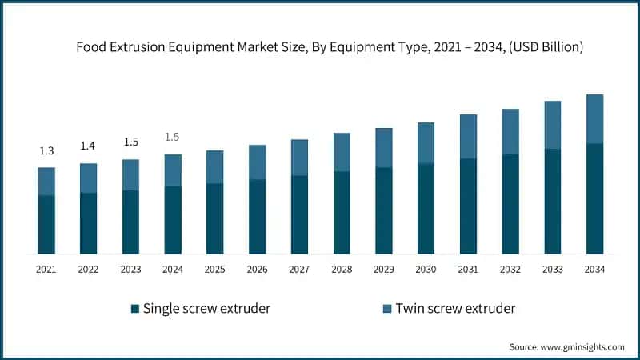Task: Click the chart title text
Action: click(330, 47)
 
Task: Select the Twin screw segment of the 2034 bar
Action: click(594, 118)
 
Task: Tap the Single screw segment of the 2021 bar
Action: click(46, 224)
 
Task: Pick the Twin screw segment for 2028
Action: click(342, 152)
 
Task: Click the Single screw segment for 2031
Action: click(468, 206)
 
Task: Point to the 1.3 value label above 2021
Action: click(46, 151)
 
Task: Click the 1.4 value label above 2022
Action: click(88, 146)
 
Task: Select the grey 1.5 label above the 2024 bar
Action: click(173, 137)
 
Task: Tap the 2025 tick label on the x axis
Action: click(214, 270)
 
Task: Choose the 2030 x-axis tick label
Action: click(426, 270)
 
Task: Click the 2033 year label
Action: click(552, 270)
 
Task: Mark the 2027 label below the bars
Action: click(299, 270)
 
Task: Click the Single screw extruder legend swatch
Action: click(135, 308)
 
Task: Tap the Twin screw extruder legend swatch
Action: click(388, 308)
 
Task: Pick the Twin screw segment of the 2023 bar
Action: click(130, 174)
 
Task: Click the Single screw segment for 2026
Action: click(257, 216)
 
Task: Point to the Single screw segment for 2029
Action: click(383, 210)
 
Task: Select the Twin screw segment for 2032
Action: click(510, 131)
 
